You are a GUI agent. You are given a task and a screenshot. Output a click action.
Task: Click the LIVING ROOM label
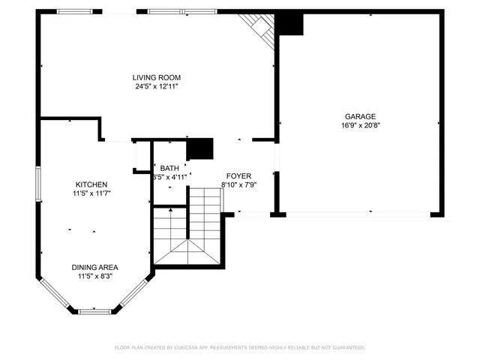click(x=156, y=77)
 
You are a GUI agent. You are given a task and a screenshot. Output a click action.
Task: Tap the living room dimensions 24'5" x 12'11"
click(x=156, y=86)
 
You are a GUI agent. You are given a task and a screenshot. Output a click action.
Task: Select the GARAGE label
click(x=360, y=116)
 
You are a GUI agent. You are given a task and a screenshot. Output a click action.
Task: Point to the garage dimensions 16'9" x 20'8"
click(x=360, y=125)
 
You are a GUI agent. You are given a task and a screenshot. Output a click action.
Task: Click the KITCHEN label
click(x=91, y=184)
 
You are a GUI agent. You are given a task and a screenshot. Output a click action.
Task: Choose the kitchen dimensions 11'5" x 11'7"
click(x=91, y=193)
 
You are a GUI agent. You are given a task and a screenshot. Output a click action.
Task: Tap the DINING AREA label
click(x=94, y=267)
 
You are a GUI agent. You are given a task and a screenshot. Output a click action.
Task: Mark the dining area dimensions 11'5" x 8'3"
click(x=94, y=276)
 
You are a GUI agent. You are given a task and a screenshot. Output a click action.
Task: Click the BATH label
click(x=169, y=168)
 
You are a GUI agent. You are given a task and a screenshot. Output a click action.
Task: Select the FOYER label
click(x=238, y=175)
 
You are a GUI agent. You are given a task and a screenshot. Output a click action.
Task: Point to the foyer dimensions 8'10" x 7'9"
click(x=238, y=184)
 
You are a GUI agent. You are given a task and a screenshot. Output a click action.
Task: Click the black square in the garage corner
click(x=289, y=24)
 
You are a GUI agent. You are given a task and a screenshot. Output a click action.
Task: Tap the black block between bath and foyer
click(x=199, y=149)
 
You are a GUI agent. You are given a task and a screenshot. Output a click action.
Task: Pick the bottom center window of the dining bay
click(x=94, y=310)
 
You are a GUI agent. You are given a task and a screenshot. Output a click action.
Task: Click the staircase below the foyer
click(x=187, y=232)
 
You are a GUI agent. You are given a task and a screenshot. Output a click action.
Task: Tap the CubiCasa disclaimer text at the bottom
click(x=239, y=348)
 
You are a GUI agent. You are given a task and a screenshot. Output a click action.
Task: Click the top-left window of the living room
click(x=80, y=12)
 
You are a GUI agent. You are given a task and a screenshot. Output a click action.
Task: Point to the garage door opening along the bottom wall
click(x=358, y=214)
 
